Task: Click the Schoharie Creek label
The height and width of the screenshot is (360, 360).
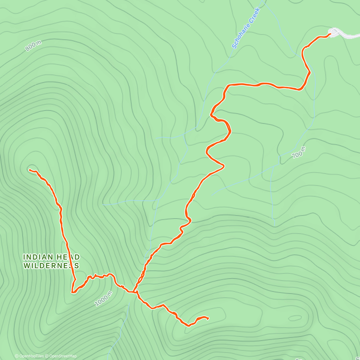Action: pos(246,28)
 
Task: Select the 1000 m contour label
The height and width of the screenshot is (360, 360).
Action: pos(103,299)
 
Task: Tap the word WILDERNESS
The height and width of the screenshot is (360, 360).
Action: pos(51,266)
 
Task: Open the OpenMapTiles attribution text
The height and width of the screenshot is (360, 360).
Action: pos(31,356)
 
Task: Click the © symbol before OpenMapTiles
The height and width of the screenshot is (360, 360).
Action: pos(17,356)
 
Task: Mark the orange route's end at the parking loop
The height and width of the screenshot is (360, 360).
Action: pos(330,34)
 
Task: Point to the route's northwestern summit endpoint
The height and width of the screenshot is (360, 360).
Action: pos(30,170)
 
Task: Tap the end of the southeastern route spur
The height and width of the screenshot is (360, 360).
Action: pos(208,318)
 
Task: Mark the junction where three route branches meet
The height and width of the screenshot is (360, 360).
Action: pos(134,291)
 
